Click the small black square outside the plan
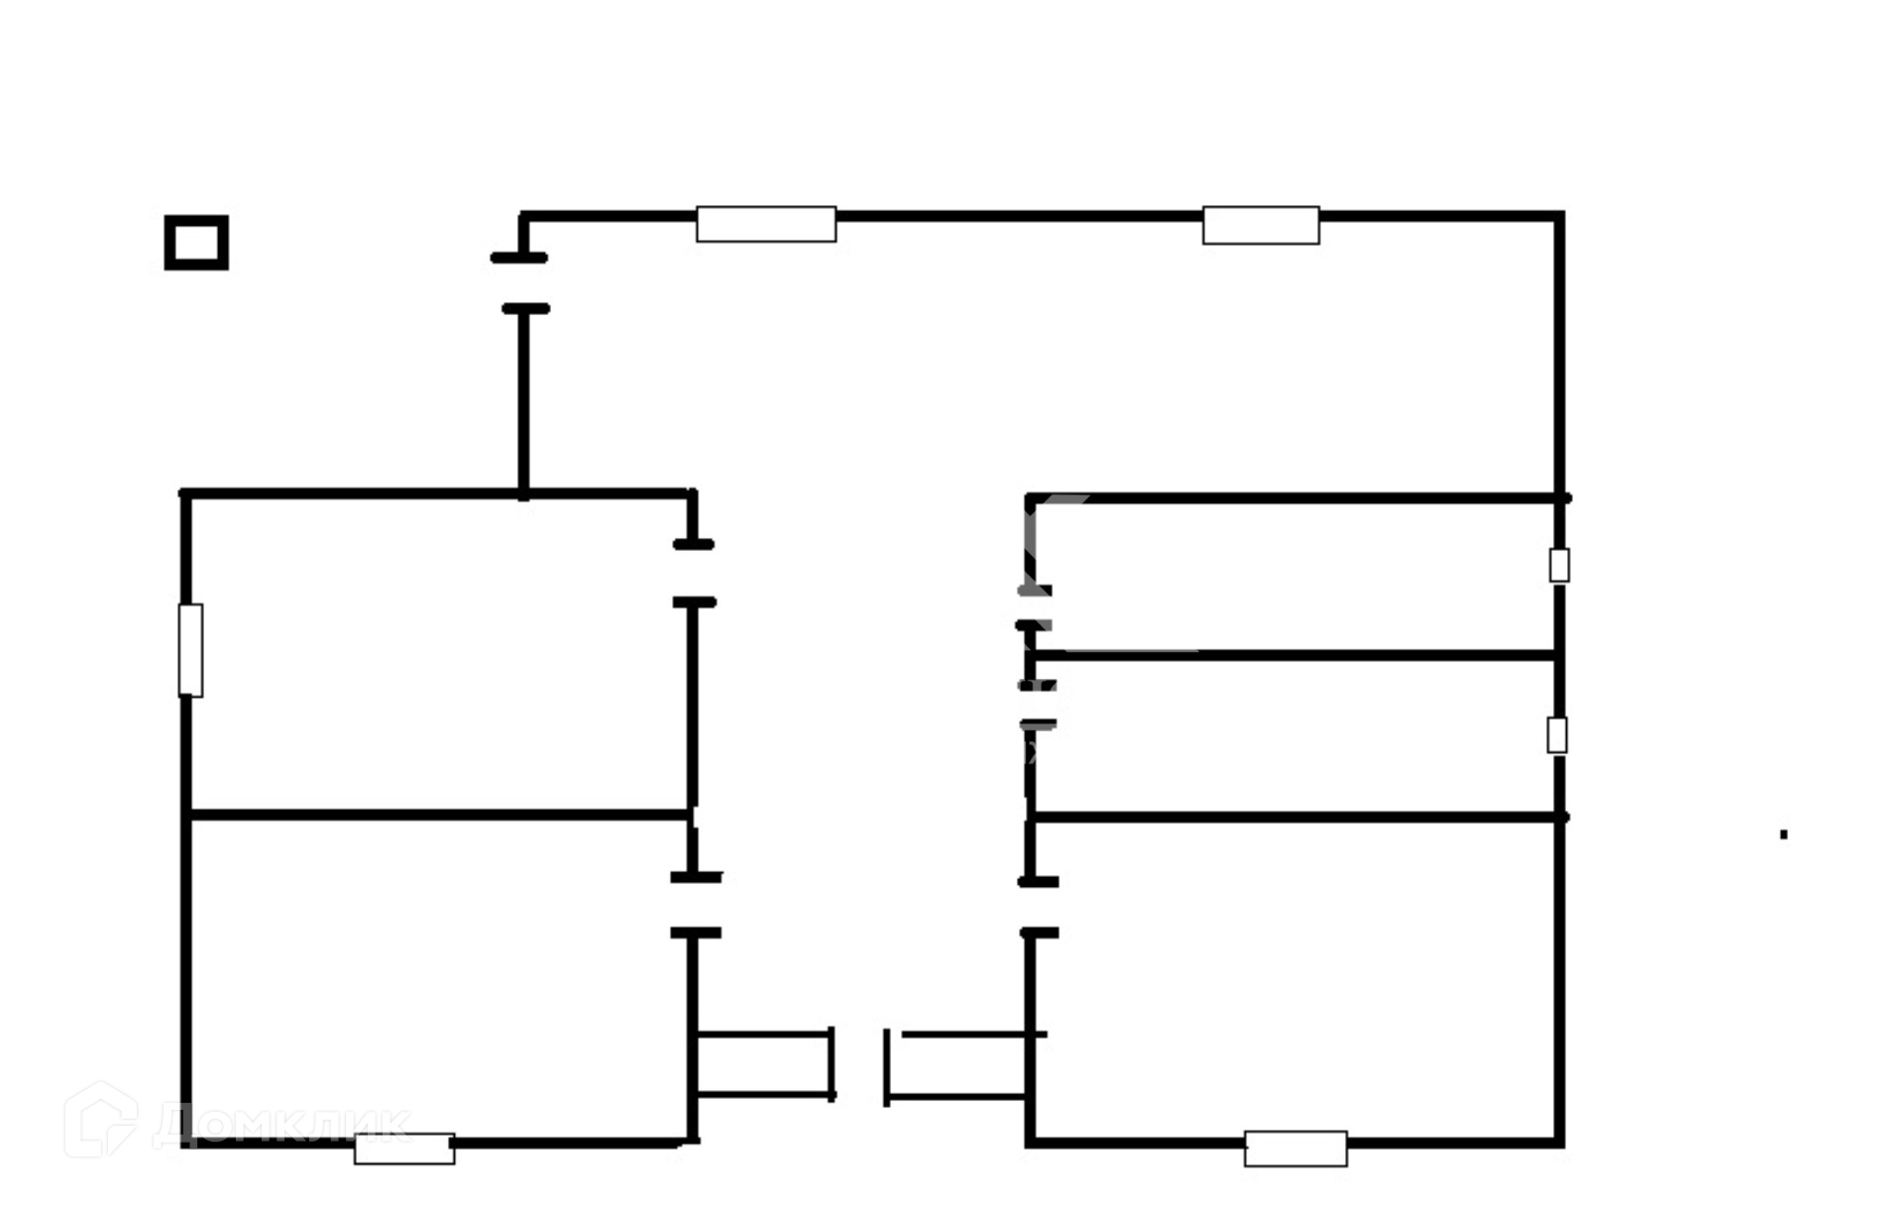pos(196,243)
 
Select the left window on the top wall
pos(766,224)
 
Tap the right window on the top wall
pos(1261,225)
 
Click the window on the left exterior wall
pos(190,650)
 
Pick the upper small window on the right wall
pos(1559,566)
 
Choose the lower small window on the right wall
pos(1557,735)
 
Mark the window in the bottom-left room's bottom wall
pos(404,1149)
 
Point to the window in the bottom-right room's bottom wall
pos(1295,1149)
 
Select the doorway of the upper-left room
pos(693,573)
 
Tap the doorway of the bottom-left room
pos(695,905)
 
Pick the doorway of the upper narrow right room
pos(1033,607)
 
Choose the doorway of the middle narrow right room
pos(1035,705)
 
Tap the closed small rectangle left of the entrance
pos(763,1064)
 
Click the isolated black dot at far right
pos(1783,834)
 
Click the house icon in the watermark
pos(100,1119)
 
